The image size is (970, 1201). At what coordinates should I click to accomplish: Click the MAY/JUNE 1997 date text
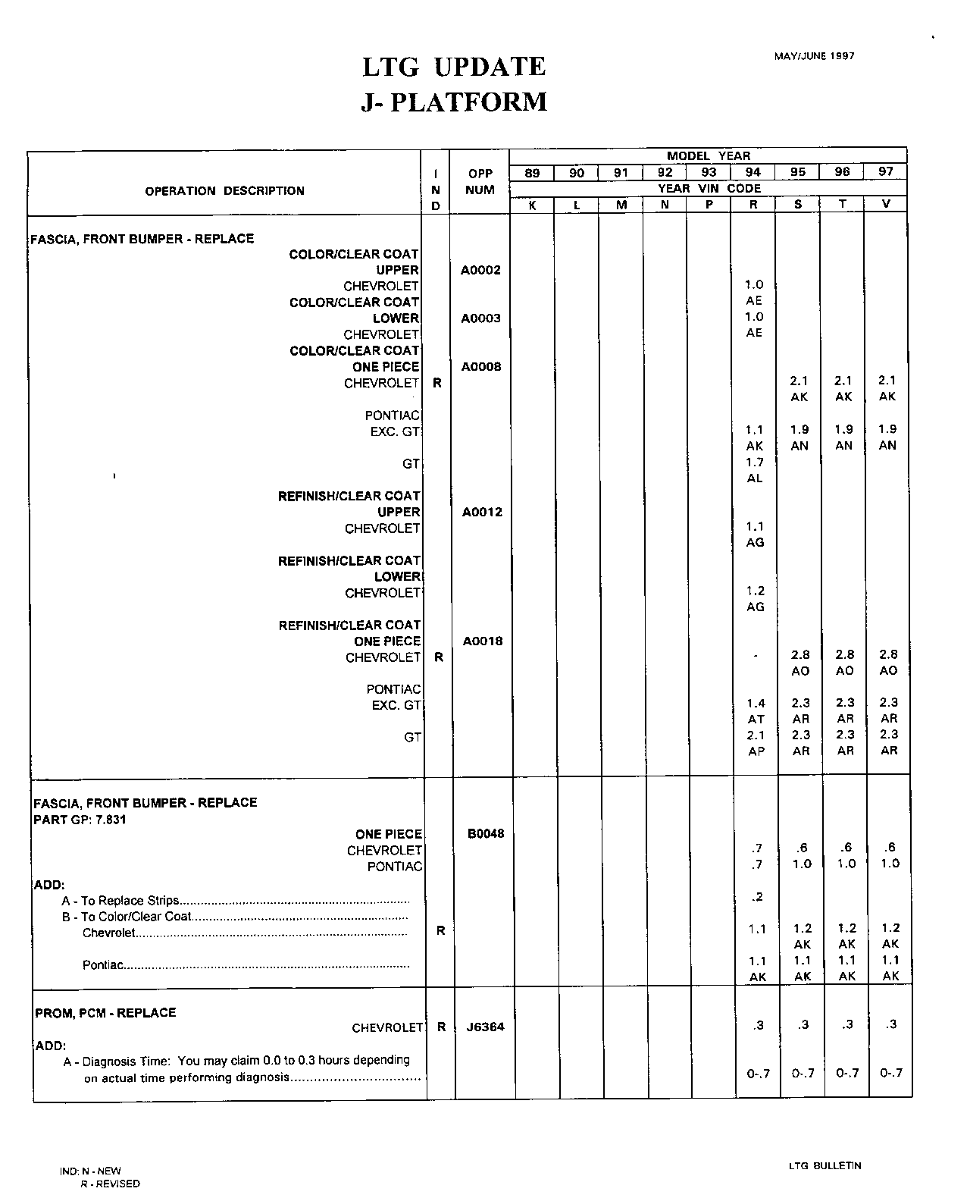pyautogui.click(x=814, y=56)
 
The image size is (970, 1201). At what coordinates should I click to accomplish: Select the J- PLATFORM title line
pyautogui.click(x=454, y=102)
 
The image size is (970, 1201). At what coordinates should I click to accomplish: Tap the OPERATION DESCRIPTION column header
pyautogui.click(x=224, y=191)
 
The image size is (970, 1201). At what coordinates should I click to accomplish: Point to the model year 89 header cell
pyautogui.click(x=532, y=173)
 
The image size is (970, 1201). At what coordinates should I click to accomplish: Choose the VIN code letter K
pyautogui.click(x=532, y=205)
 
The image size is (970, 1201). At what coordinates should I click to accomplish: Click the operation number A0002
pyautogui.click(x=480, y=270)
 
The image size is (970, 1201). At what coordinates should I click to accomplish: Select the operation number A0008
pyautogui.click(x=480, y=367)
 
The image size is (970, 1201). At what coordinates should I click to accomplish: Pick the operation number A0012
pyautogui.click(x=481, y=512)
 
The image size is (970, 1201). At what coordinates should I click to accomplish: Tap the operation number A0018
pyautogui.click(x=482, y=641)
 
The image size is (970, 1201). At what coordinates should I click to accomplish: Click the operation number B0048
pyautogui.click(x=485, y=833)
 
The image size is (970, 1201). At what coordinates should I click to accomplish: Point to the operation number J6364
pyautogui.click(x=485, y=1027)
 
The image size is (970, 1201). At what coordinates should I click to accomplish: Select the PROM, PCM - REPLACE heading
pyautogui.click(x=105, y=1013)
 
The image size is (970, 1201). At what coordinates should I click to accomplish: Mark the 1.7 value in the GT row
pyautogui.click(x=755, y=463)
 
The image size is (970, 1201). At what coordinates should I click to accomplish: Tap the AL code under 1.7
pyautogui.click(x=755, y=478)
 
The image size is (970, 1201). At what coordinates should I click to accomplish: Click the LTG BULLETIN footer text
pyautogui.click(x=824, y=1166)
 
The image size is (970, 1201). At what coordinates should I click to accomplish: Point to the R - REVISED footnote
pyautogui.click(x=110, y=1184)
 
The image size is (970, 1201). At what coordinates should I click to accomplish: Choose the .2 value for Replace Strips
pyautogui.click(x=757, y=898)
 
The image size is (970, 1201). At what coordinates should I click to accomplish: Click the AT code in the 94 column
pyautogui.click(x=756, y=719)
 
